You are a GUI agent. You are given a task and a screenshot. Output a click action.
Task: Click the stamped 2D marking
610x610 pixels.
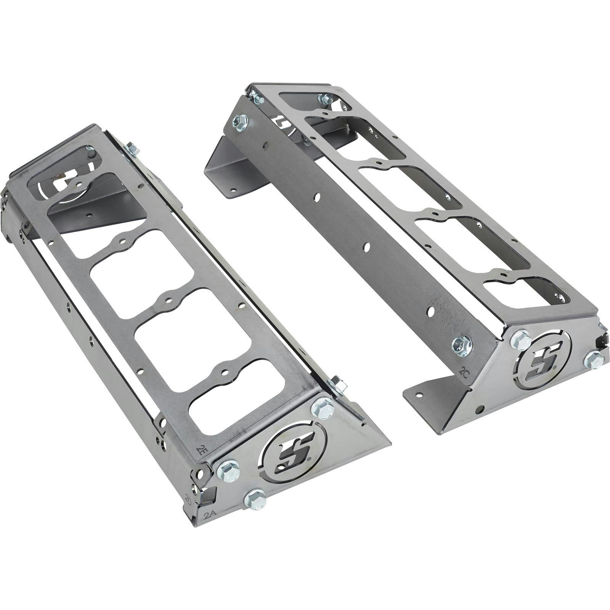(188, 499)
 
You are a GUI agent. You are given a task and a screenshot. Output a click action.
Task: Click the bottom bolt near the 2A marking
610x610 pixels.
(255, 499)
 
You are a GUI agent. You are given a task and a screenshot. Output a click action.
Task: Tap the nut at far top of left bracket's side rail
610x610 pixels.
(132, 148)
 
